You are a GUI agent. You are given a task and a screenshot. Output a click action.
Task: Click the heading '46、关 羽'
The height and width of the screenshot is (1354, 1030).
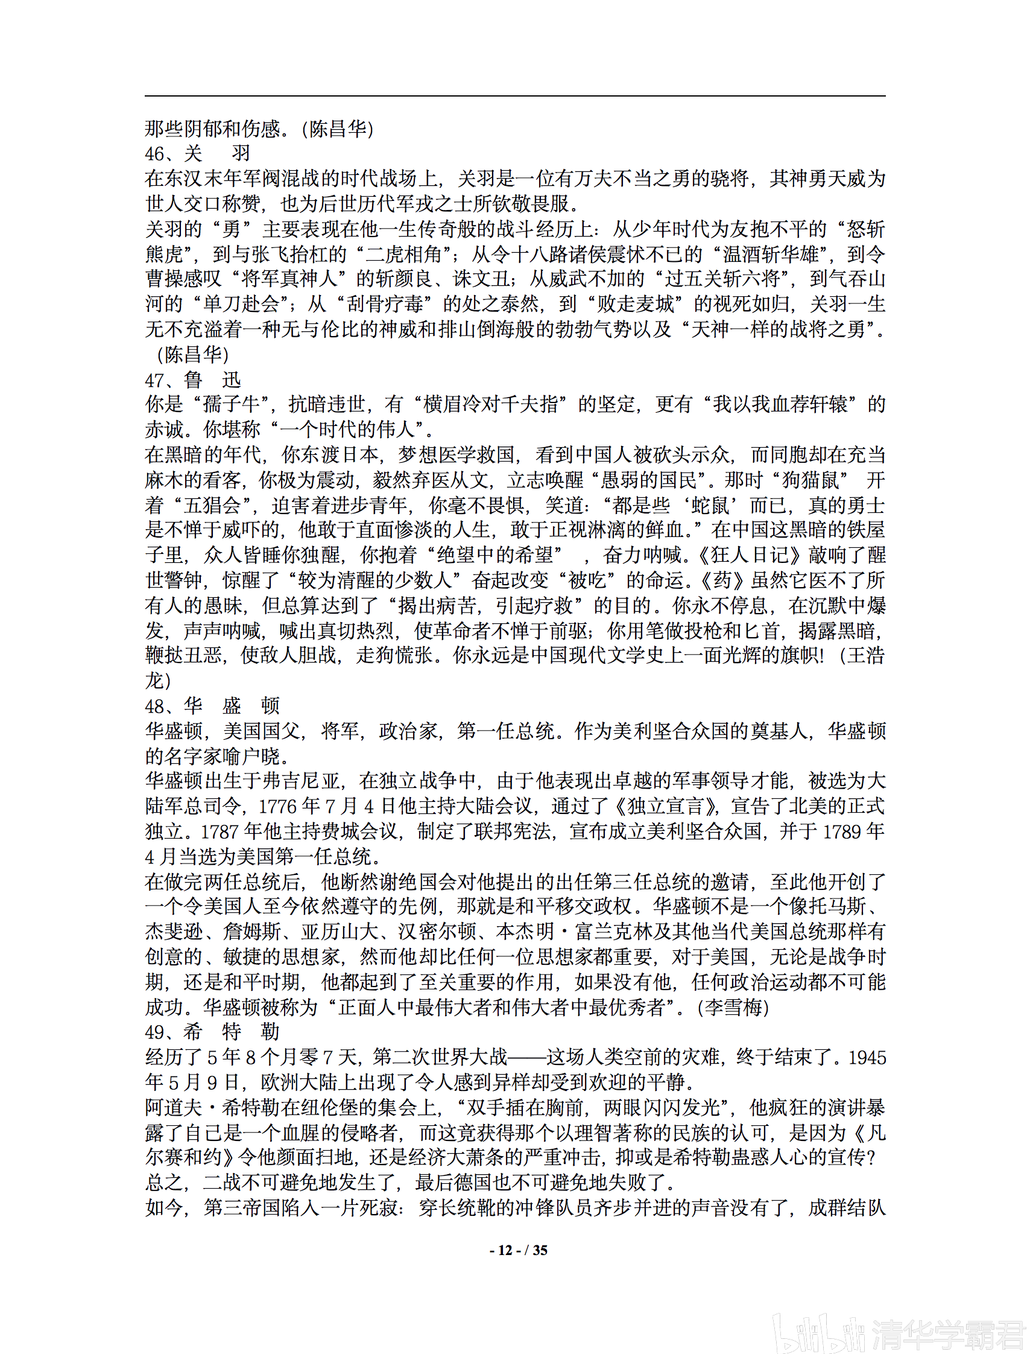[197, 153]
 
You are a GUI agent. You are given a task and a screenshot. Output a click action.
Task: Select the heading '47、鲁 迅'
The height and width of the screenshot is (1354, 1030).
[192, 380]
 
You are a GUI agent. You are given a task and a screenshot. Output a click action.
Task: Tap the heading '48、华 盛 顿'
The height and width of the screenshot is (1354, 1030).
[212, 705]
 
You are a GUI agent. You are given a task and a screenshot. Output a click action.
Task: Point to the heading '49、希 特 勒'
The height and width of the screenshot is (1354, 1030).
[212, 1031]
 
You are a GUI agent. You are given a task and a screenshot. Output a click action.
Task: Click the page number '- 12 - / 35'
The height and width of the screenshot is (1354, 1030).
[518, 1250]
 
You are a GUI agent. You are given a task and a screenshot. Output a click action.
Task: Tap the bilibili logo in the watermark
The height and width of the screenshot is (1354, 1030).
[818, 1330]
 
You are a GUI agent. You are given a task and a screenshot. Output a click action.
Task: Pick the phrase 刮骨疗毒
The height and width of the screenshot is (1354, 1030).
[378, 304]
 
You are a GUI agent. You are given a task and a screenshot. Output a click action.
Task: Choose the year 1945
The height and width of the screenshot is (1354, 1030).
[867, 1058]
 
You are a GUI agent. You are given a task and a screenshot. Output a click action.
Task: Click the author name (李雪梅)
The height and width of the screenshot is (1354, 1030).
[733, 1007]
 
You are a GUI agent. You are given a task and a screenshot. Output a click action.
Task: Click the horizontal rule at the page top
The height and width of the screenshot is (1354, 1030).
[515, 96]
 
